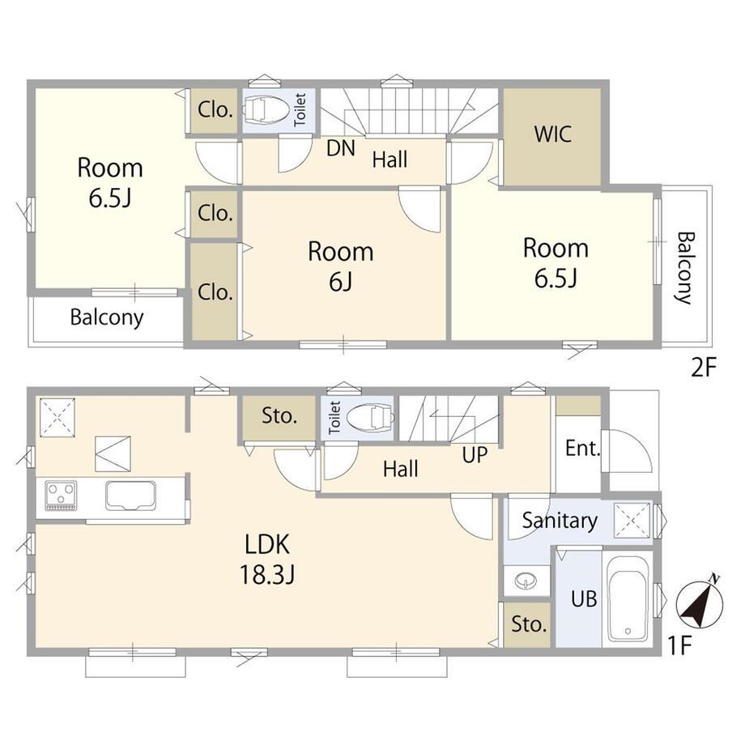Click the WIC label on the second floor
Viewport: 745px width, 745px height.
point(552,134)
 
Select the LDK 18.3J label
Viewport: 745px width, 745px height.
point(267,560)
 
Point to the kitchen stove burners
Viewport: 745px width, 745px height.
point(61,496)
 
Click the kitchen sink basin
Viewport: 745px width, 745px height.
point(130,495)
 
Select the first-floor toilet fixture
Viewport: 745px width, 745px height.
point(371,417)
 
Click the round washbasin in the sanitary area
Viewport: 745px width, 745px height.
point(526,580)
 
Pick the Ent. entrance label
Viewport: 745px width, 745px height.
point(582,448)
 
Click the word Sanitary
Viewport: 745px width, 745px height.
point(560,521)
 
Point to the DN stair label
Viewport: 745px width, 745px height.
point(341,148)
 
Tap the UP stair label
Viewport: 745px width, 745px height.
point(475,455)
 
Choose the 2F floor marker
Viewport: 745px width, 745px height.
point(703,367)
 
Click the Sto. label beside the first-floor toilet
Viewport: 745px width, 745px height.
point(279,416)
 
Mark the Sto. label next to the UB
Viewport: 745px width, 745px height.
point(529,624)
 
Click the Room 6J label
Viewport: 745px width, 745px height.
point(341,266)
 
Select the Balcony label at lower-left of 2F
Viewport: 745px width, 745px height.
point(107,317)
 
